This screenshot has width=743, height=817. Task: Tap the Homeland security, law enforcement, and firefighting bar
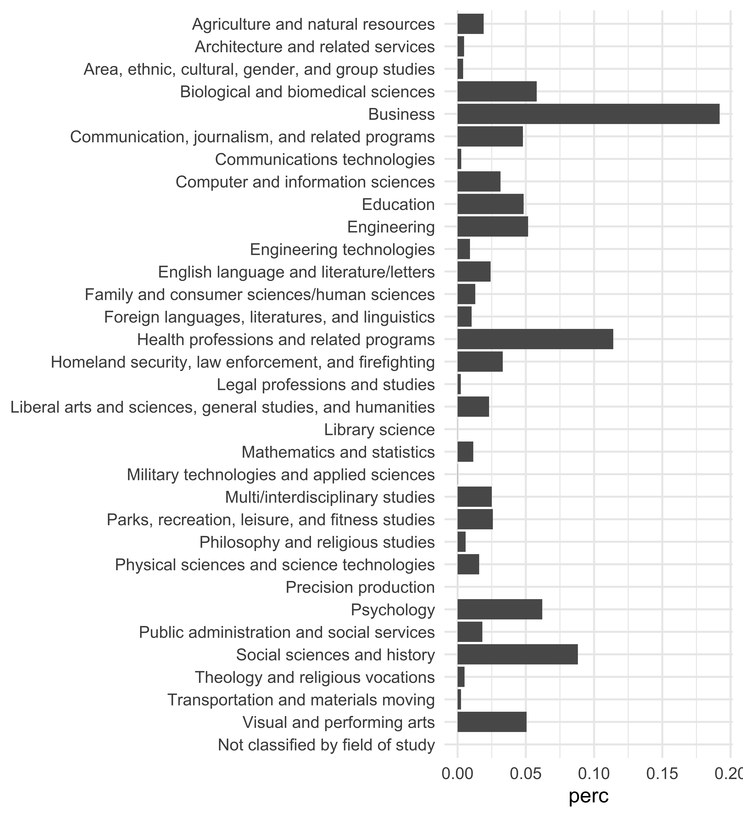480,362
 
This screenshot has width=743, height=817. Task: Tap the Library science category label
379,430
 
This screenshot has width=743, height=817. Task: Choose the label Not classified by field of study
326,745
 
